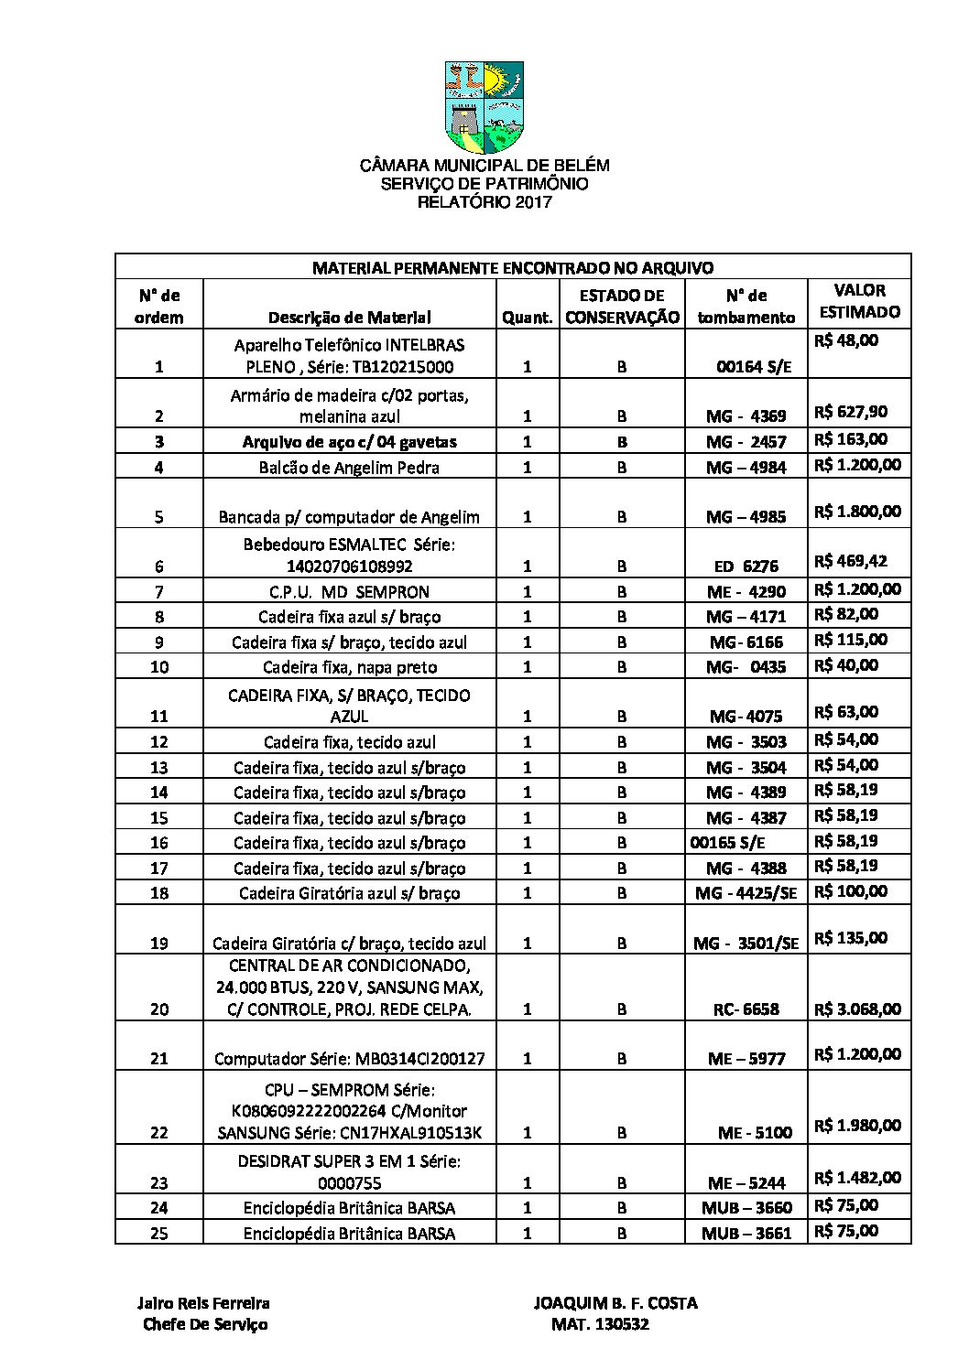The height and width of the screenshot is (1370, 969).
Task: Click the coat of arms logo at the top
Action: click(484, 107)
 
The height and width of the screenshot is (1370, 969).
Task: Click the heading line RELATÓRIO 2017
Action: click(484, 202)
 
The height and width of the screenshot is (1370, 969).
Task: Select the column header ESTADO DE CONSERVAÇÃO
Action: click(622, 307)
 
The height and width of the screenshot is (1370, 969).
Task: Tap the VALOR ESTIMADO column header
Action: click(859, 301)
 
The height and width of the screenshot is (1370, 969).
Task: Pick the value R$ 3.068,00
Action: click(857, 1009)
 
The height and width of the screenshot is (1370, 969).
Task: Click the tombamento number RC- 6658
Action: click(746, 1009)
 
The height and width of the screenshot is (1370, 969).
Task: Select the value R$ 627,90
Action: click(851, 412)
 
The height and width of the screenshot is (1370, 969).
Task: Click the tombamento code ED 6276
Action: click(746, 566)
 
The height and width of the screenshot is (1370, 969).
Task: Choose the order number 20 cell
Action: click(159, 1009)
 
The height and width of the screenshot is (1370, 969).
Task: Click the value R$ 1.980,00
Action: click(857, 1125)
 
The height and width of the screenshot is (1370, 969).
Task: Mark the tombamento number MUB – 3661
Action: click(746, 1233)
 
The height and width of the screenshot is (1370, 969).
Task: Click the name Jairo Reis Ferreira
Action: click(203, 1303)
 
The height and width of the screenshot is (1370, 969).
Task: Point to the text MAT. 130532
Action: click(600, 1324)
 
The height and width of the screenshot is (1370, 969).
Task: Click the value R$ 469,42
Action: click(851, 560)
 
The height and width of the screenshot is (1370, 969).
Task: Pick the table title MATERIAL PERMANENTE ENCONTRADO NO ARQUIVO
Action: click(512, 267)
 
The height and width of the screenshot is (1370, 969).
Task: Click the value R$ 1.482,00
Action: click(857, 1177)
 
